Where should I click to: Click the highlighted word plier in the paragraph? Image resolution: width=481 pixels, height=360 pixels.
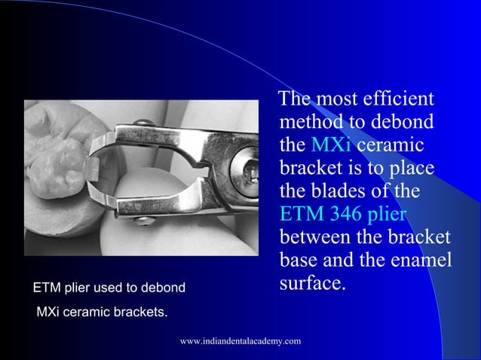(x=386, y=215)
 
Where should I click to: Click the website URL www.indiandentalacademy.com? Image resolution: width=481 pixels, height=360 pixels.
(x=240, y=342)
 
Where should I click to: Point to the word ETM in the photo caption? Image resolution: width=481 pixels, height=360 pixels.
(x=46, y=288)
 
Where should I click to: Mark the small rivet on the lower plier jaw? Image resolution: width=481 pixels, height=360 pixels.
(x=141, y=219)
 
